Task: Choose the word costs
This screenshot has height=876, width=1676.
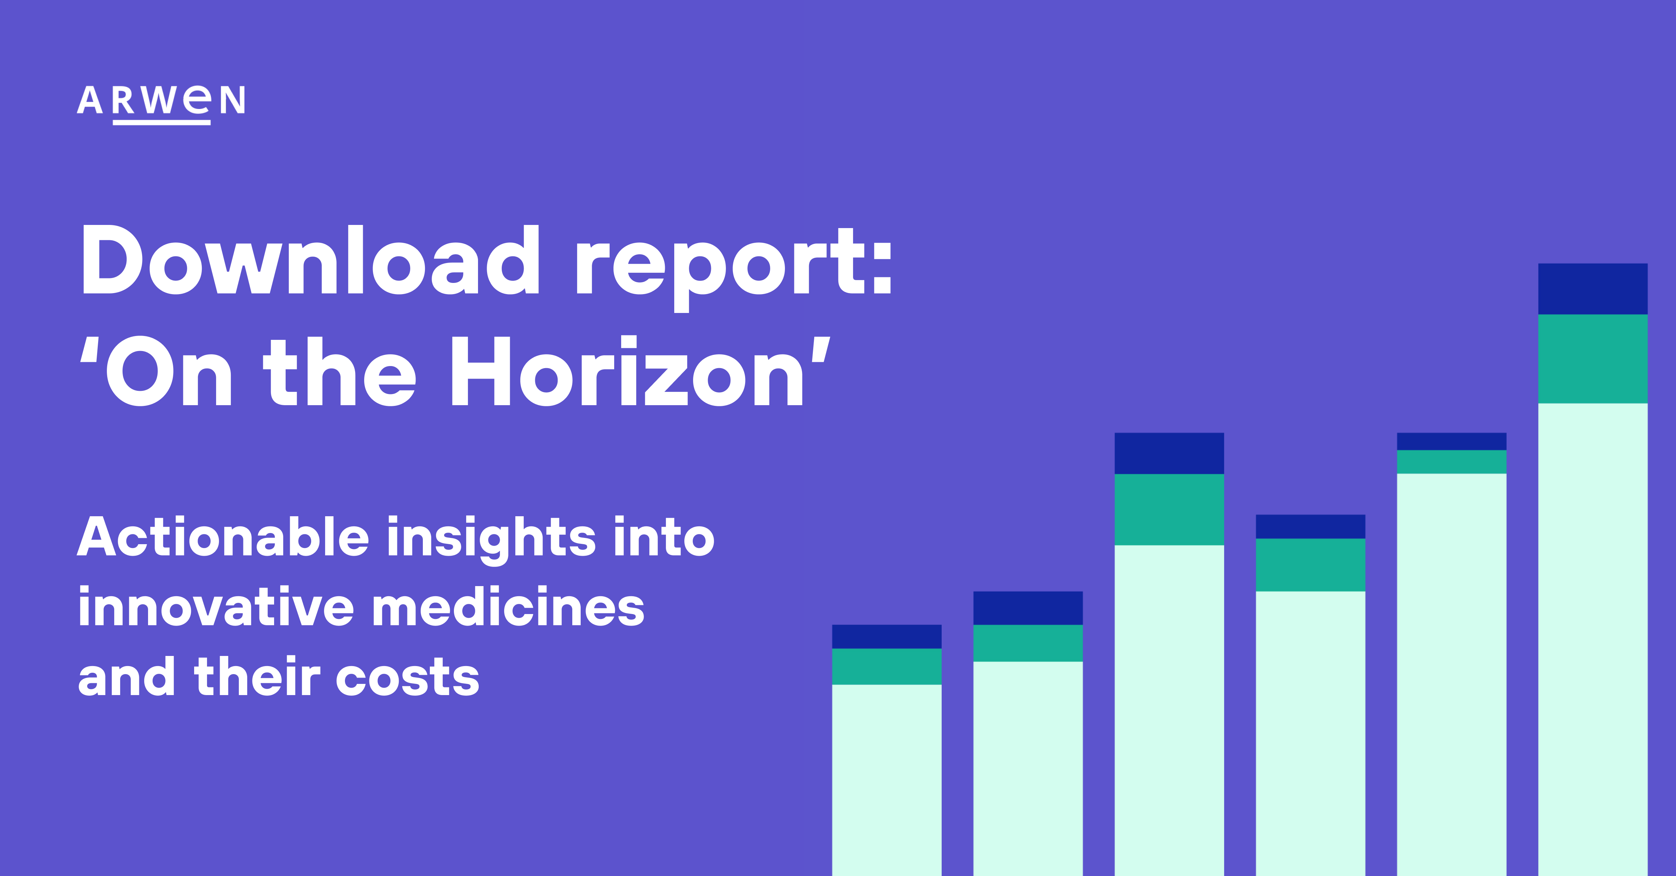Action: [x=408, y=678]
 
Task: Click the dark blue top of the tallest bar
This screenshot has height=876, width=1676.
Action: [x=1593, y=289]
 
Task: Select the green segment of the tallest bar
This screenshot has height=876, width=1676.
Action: [x=1593, y=359]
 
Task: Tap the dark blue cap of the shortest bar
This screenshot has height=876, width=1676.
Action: [x=887, y=636]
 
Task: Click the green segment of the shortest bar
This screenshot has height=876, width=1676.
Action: [x=887, y=666]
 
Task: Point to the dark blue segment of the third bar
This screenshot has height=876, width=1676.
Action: [x=1169, y=454]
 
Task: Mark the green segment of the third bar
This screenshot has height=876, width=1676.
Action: [x=1169, y=510]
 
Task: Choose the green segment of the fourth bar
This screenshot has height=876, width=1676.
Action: [x=1310, y=565]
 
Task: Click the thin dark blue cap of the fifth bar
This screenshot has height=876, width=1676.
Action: [x=1451, y=441]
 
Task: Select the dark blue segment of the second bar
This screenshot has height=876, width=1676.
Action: [x=1028, y=608]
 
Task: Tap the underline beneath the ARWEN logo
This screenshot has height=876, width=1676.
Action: [x=161, y=122]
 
